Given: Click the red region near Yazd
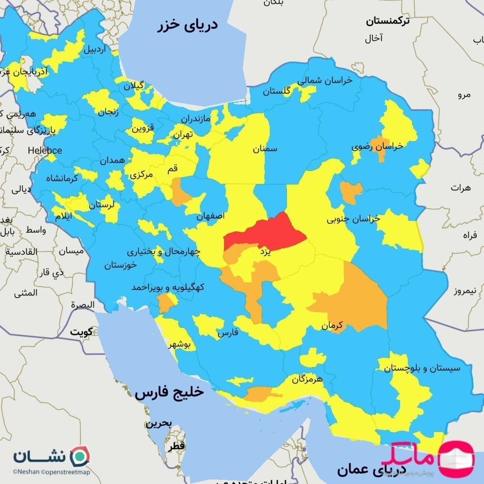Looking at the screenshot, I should point(266,232).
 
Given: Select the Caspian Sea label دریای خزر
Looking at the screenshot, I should point(187,25).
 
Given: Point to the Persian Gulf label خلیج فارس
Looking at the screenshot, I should point(169,392).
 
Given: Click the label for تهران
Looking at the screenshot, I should point(184,134).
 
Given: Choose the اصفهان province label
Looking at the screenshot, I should point(211,216).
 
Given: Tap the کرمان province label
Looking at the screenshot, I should point(332,325).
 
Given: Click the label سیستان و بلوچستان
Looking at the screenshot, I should point(422,368).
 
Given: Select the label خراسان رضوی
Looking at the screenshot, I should point(378,147).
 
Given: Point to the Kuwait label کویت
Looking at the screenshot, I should point(81,332).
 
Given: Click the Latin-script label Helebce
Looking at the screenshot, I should point(45,150).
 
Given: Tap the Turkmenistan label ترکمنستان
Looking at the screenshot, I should point(388,21).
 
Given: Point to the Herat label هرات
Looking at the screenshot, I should point(460,187).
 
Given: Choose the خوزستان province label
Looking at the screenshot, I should point(120,265).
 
